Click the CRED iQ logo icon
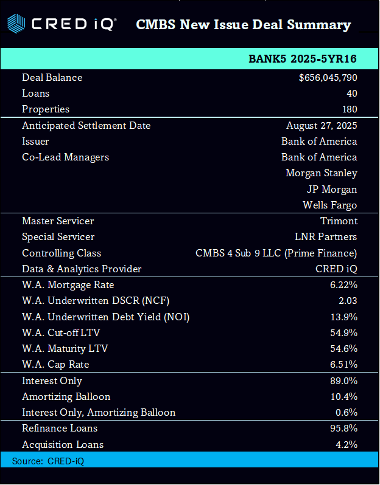pyautogui.click(x=16, y=24)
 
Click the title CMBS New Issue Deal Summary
pyautogui.click(x=243, y=25)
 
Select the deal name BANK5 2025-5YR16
pyautogui.click(x=303, y=59)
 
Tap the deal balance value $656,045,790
pyautogui.click(x=328, y=78)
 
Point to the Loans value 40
pyautogui.click(x=351, y=94)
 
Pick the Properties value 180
pyautogui.click(x=349, y=109)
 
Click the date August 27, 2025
pyautogui.click(x=322, y=126)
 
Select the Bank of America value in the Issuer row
pyautogui.click(x=319, y=142)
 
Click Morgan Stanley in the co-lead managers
pyautogui.click(x=321, y=173)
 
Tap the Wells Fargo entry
pyautogui.click(x=329, y=205)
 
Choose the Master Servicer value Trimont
pyautogui.click(x=339, y=221)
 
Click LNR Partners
pyautogui.click(x=326, y=237)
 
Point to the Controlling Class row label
pyautogui.click(x=62, y=253)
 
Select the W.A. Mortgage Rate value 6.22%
pyautogui.click(x=343, y=285)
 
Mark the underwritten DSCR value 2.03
pyautogui.click(x=347, y=301)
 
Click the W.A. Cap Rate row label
pyautogui.click(x=55, y=365)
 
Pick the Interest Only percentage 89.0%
pyautogui.click(x=343, y=381)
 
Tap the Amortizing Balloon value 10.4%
pyautogui.click(x=343, y=397)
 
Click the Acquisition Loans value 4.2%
pyautogui.click(x=346, y=445)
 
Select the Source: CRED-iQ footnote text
pyautogui.click(x=48, y=461)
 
